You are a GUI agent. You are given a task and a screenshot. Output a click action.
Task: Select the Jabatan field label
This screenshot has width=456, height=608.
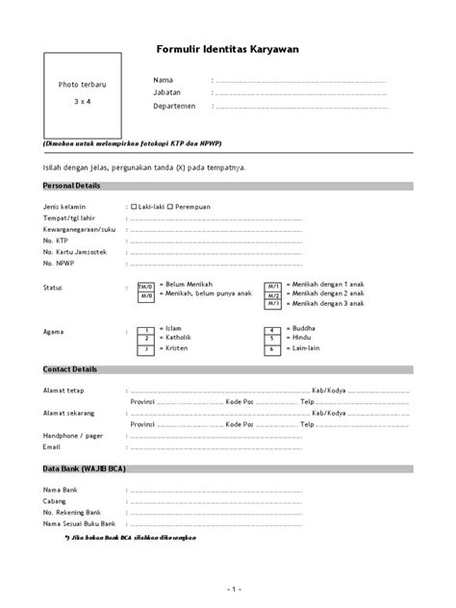[x=167, y=91]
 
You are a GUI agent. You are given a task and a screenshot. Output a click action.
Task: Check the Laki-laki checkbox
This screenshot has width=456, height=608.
[x=134, y=206]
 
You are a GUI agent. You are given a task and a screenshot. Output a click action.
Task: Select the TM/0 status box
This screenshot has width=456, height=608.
[x=146, y=287]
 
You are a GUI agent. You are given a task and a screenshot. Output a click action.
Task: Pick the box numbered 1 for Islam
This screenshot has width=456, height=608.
[x=146, y=329]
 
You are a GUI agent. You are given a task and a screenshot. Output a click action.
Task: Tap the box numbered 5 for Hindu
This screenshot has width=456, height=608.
[x=273, y=339]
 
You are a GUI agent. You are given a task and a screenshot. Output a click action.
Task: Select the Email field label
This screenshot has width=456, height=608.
[x=51, y=446]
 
